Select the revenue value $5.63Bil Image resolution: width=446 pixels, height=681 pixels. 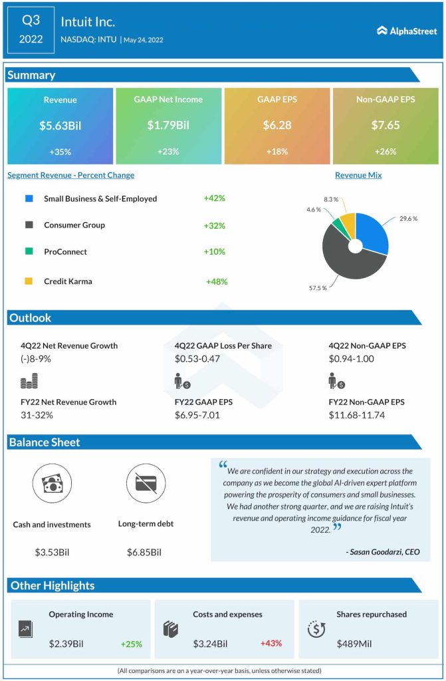point(60,125)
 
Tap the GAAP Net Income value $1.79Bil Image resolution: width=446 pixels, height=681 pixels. point(168,125)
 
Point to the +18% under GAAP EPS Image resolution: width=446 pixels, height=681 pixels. point(277,152)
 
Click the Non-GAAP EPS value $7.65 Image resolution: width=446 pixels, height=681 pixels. point(385,125)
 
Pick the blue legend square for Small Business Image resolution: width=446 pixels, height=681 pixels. point(29,198)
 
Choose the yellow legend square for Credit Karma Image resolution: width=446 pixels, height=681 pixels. point(29,281)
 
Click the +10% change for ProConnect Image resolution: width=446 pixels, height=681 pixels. point(215,251)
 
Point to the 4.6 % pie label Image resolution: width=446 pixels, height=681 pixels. point(314,209)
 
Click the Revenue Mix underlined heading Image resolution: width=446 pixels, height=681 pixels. point(358,175)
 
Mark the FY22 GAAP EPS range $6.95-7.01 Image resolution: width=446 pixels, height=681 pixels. point(198,415)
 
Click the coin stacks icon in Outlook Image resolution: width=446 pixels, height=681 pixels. point(29,381)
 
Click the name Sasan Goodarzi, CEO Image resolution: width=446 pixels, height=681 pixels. point(382,551)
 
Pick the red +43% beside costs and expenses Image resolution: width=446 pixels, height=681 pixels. point(271,644)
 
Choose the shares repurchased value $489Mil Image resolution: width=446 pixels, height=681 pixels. point(356,644)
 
